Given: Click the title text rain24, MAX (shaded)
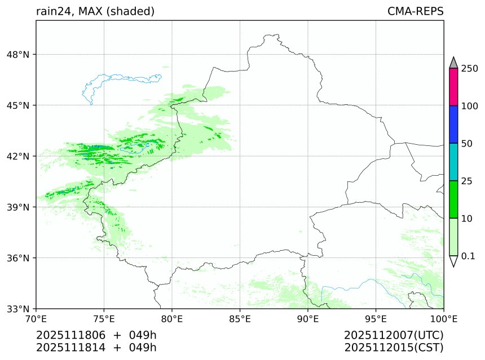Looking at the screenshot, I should tap(95, 11).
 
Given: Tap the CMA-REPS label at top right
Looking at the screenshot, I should tap(415, 11).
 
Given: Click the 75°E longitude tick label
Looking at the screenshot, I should tap(104, 318).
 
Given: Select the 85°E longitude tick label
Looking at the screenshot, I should tap(240, 318).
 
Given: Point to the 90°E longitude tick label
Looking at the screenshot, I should tap(308, 318).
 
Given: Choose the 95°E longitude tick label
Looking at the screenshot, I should tap(376, 318).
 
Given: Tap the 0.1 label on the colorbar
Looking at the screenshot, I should tap(468, 256).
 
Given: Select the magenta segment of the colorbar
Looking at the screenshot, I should tap(453, 87).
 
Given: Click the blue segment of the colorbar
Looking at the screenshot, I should tap(453, 125).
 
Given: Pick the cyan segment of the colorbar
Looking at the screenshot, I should tap(453, 162).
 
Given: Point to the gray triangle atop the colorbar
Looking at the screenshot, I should tap(453, 62).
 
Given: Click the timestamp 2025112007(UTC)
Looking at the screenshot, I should tap(394, 335).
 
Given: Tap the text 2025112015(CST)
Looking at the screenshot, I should tap(394, 347).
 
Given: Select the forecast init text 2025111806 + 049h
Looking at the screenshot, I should tap(96, 335).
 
